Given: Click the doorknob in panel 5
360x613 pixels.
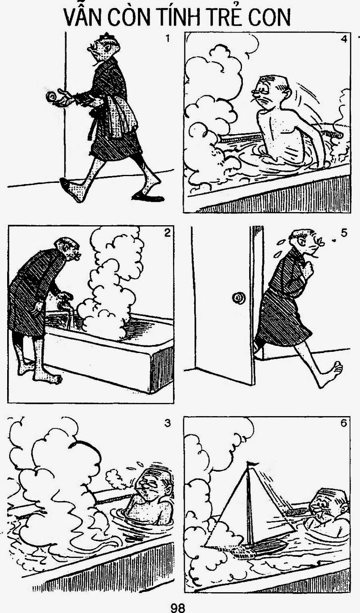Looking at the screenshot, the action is pyautogui.click(x=239, y=298).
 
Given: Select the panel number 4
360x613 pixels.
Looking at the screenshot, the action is pyautogui.click(x=344, y=39).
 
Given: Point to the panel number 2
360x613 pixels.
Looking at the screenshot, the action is pyautogui.click(x=168, y=233).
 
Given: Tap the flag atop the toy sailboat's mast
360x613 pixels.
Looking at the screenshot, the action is pyautogui.click(x=253, y=463).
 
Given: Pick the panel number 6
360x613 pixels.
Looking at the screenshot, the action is pyautogui.click(x=344, y=423).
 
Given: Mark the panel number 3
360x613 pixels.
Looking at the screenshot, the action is pyautogui.click(x=167, y=424).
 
